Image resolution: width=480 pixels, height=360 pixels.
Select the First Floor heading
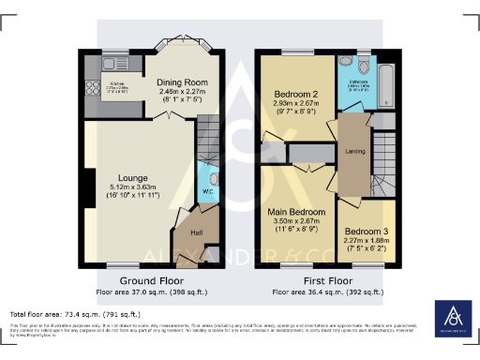[x=322, y=280]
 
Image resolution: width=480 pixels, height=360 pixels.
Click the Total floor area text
[x=75, y=312]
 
